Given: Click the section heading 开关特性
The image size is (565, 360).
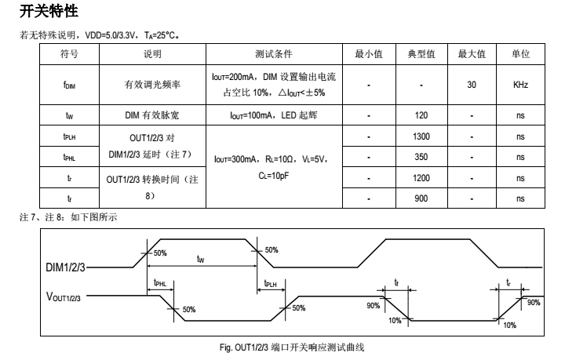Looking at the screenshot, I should (48, 13).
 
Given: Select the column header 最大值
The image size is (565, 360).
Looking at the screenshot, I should (472, 54).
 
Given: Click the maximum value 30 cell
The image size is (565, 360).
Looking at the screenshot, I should (472, 84).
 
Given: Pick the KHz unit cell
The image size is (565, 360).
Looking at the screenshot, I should (520, 84).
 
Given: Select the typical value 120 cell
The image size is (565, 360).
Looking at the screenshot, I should (421, 115).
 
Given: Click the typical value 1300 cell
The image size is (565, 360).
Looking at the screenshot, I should (421, 136).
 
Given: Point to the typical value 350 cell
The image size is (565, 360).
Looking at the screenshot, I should (421, 157).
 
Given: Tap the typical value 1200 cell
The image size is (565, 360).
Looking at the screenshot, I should (421, 178).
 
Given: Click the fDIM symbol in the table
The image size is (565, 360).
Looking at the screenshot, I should (69, 85).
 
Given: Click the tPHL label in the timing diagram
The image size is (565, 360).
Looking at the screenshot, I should (160, 284).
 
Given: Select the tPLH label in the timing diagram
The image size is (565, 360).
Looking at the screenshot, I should (270, 284).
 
